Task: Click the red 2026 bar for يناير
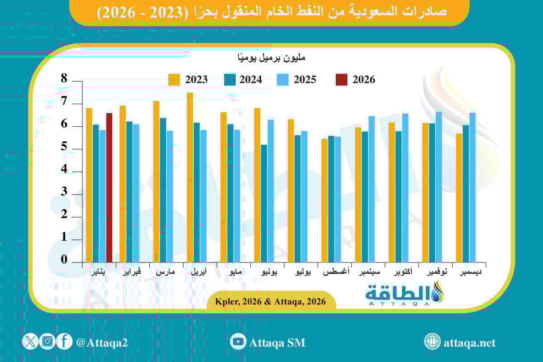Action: click(x=109, y=187)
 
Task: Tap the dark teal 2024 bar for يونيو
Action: click(x=264, y=203)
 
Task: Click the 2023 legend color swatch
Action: click(x=174, y=80)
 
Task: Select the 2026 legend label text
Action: click(x=364, y=80)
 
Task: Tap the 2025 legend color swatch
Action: click(x=283, y=80)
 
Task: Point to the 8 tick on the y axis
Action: click(x=64, y=79)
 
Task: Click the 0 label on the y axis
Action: click(x=64, y=260)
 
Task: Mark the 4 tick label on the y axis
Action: click(x=64, y=169)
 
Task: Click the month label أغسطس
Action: click(x=335, y=273)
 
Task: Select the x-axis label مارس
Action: click(x=166, y=273)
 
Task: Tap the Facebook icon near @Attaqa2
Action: click(x=64, y=342)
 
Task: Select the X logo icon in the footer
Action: click(x=30, y=342)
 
